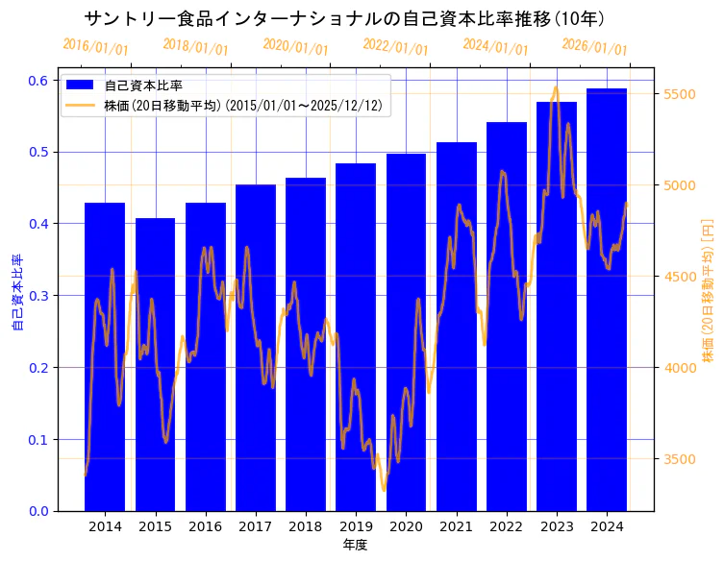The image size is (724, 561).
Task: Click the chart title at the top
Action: [x=343, y=18]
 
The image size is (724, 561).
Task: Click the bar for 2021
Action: [x=456, y=327]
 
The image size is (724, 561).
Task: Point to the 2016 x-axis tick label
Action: [x=205, y=526]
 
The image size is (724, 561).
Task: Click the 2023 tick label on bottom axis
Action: [x=557, y=526]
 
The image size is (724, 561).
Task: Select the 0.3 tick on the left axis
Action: [x=39, y=296]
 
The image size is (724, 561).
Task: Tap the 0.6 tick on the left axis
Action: [x=39, y=81]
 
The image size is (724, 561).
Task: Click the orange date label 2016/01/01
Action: [x=95, y=47]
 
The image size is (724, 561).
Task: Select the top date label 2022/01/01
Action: [x=395, y=47]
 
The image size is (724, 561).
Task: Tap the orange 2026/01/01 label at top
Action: [x=594, y=47]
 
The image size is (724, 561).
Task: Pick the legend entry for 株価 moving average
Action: [x=246, y=106]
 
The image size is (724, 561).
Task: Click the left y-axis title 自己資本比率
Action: [x=16, y=293]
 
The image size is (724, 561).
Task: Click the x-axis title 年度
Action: [x=355, y=545]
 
